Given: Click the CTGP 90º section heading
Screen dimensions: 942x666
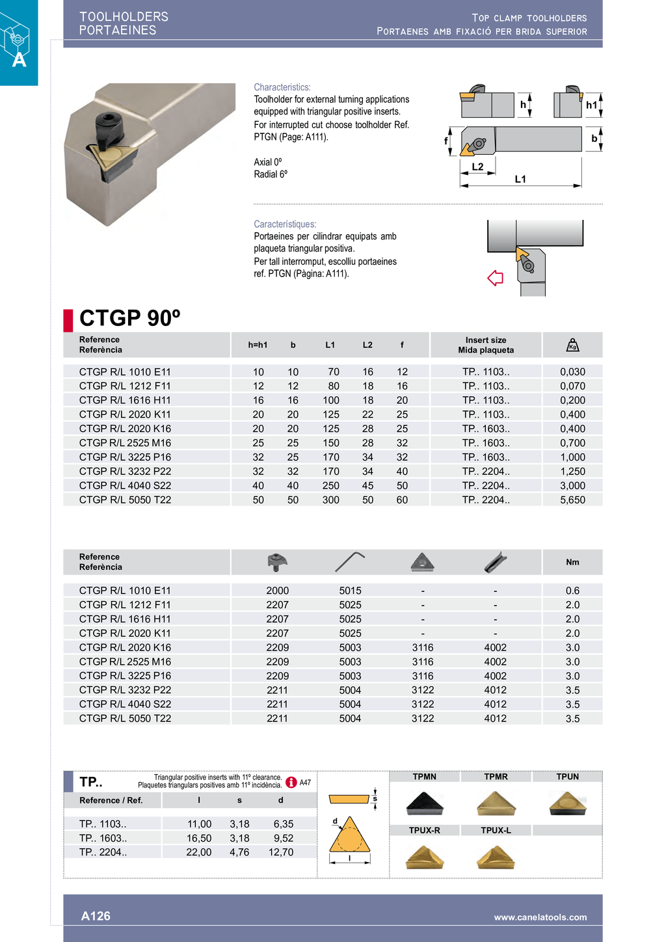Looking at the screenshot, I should (129, 318).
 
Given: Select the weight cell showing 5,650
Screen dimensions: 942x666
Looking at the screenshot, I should (572, 500).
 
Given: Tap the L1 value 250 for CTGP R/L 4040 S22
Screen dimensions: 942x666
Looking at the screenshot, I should (330, 485).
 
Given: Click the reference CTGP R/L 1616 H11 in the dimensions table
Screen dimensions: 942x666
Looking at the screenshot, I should (125, 400).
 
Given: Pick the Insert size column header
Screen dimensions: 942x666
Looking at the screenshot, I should (486, 345).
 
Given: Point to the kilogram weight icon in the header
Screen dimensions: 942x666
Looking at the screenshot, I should (572, 345).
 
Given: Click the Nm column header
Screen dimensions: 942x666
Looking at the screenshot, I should (572, 562).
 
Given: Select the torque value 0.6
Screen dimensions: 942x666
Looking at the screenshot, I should (572, 591).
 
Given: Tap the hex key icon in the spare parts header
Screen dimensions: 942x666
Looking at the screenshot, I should (350, 561).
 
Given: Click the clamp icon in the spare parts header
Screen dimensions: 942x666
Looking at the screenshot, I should (277, 562).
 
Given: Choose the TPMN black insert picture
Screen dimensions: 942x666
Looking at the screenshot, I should (424, 804).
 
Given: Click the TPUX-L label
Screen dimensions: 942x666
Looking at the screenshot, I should (496, 830).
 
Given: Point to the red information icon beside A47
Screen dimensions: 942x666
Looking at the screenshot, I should (291, 782).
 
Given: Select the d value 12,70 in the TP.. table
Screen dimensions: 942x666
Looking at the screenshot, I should (281, 852).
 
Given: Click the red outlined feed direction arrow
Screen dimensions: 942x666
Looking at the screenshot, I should (496, 278).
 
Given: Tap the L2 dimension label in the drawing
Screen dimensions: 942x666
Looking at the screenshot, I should (477, 167).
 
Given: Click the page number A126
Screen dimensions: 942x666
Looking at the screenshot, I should (96, 916).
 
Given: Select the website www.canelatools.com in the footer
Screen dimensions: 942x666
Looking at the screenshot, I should (540, 917).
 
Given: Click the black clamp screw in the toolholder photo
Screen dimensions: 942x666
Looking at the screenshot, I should (107, 125).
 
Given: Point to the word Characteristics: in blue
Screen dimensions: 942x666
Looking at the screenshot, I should (282, 87).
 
